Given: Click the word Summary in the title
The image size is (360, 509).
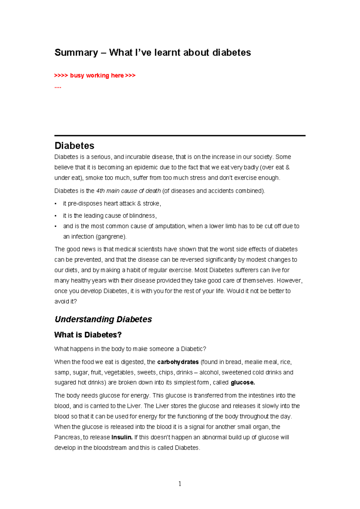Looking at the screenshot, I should [76, 53].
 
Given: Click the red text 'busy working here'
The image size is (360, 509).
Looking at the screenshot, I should [97, 75].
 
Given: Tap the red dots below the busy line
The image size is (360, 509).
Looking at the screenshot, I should [58, 87].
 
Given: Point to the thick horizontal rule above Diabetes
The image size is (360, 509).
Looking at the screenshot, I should [180, 136].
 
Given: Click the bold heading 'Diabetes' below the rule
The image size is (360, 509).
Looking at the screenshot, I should [74, 146].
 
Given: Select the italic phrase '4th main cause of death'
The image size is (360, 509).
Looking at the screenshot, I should [128, 191].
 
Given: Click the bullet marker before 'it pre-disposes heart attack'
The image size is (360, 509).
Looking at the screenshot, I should [55, 204].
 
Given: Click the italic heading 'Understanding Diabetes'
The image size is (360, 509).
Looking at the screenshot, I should [103, 319].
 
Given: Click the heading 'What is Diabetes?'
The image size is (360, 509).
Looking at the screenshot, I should [88, 335].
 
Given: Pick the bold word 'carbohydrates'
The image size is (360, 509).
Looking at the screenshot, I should [178, 362].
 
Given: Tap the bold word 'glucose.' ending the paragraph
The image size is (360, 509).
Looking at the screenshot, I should [243, 383].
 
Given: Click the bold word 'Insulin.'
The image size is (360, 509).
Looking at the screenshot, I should [122, 438].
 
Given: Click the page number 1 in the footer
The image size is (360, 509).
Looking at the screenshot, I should [180, 483].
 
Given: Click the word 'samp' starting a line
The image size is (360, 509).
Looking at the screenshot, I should [62, 373].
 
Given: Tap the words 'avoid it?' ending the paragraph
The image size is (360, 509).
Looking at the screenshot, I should [65, 302].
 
